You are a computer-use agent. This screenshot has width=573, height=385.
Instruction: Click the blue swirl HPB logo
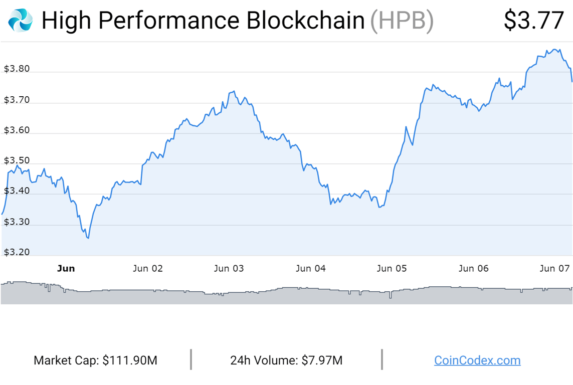pyautogui.click(x=21, y=21)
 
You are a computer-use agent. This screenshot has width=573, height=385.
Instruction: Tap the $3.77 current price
pyautogui.click(x=534, y=21)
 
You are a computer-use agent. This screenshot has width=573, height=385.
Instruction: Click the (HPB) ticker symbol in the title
pyautogui.click(x=402, y=21)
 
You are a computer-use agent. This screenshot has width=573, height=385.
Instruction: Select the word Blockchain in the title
pyautogui.click(x=305, y=21)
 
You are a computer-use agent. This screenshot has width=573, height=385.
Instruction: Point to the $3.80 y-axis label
pyautogui.click(x=17, y=69)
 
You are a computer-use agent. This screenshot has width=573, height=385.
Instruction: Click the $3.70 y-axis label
pyautogui.click(x=17, y=100)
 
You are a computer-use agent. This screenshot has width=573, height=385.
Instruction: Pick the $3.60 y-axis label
pyautogui.click(x=17, y=130)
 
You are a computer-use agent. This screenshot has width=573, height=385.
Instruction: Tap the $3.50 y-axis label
pyautogui.click(x=17, y=161)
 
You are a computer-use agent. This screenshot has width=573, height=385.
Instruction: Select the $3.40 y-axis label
pyautogui.click(x=17, y=191)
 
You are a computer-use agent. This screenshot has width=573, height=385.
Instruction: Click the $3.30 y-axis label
pyautogui.click(x=17, y=222)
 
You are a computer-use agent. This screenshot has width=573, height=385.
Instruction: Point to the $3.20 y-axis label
pyautogui.click(x=17, y=252)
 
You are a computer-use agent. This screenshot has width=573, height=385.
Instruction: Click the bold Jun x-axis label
pyautogui.click(x=66, y=269)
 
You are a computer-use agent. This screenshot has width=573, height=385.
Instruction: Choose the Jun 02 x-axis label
pyautogui.click(x=147, y=269)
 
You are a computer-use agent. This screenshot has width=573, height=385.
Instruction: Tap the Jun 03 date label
pyautogui.click(x=229, y=269)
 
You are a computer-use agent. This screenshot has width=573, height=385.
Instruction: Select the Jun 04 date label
pyautogui.click(x=310, y=269)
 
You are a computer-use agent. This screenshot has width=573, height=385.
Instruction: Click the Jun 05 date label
pyautogui.click(x=392, y=269)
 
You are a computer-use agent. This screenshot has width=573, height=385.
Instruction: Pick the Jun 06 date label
pyautogui.click(x=473, y=269)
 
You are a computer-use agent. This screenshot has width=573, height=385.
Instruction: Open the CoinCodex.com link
pyautogui.click(x=477, y=360)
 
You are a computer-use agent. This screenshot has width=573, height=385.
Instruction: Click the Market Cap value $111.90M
pyautogui.click(x=130, y=360)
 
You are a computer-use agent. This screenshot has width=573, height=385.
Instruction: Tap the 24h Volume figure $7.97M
pyautogui.click(x=322, y=360)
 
